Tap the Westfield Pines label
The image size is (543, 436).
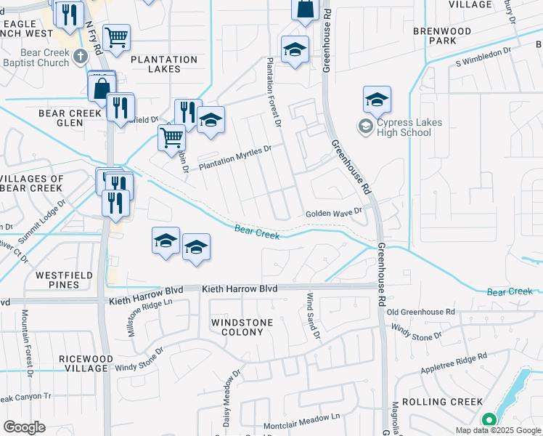point(58,280)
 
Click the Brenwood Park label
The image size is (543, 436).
point(442,36)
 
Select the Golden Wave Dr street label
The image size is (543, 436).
point(333,213)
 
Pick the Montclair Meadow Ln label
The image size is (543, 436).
point(301,417)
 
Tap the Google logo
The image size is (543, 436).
point(25,427)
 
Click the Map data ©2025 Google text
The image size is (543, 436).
point(497,430)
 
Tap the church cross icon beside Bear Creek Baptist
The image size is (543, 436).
point(81,54)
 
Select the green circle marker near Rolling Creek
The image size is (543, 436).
point(489,419)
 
